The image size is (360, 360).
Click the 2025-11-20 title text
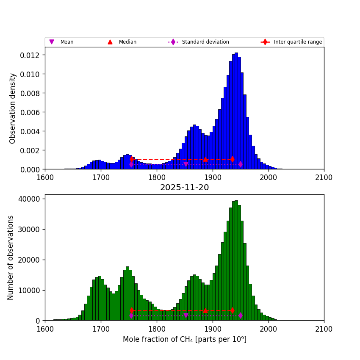click(184, 188)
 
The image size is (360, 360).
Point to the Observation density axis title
click(13, 108)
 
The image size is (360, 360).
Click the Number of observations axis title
click(11, 258)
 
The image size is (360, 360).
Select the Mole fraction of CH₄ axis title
click(184, 339)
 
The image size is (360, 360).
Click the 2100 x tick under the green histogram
click(324, 329)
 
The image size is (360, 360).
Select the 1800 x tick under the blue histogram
click(157, 177)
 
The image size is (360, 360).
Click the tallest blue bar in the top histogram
click(236, 111)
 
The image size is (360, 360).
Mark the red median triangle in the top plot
click(205, 159)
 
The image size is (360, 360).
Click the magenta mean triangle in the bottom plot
click(186, 316)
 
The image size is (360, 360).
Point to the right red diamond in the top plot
click(233, 159)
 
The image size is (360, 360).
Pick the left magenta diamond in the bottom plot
click(131, 316)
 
